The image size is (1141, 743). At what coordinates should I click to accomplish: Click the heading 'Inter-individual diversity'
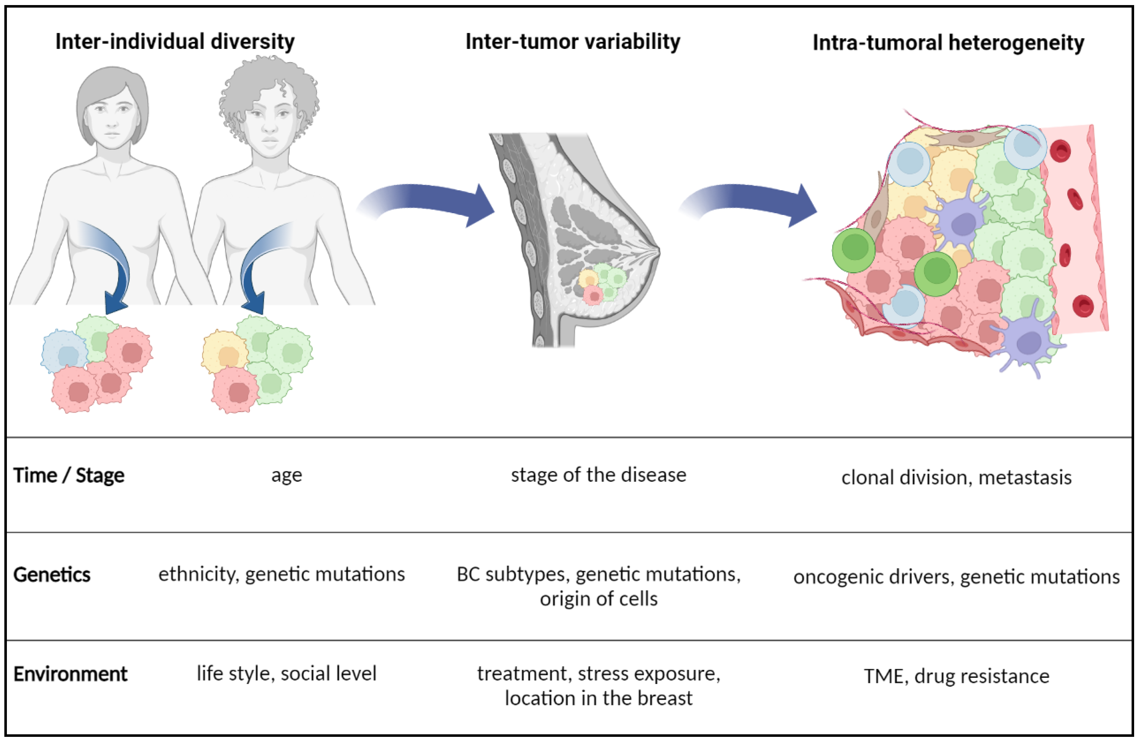pos(175,42)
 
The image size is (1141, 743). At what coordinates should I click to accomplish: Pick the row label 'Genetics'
pos(52,575)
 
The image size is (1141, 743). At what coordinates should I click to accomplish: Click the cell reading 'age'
pos(287,476)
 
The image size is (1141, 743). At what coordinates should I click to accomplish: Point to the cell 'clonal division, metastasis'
pos(956,477)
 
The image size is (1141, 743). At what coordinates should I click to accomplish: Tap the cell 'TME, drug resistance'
pos(956,676)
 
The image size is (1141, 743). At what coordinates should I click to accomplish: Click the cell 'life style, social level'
pos(287,674)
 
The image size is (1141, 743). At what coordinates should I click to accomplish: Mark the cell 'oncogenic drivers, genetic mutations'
pos(956,577)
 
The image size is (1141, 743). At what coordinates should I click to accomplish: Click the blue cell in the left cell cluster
pos(65,353)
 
